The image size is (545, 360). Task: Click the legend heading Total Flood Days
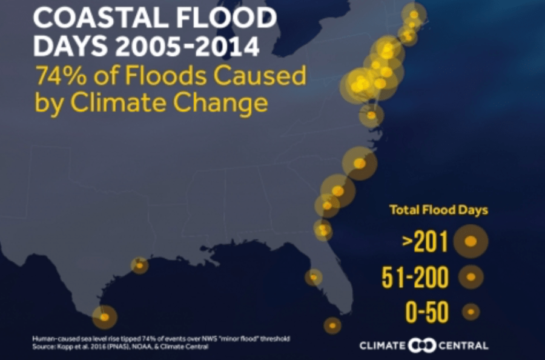tap(438, 211)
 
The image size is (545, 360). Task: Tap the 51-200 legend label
tap(415, 278)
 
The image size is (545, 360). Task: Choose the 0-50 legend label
tap(427, 313)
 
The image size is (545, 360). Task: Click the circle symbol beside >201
tap(471, 241)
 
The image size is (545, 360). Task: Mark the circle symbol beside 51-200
tap(471, 278)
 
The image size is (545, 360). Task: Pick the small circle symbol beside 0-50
tap(471, 312)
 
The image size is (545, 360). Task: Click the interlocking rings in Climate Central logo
tap(418, 345)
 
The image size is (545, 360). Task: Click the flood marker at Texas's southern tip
tap(104, 316)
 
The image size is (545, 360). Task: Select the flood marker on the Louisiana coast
tap(139, 265)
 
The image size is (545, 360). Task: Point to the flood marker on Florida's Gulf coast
tap(313, 277)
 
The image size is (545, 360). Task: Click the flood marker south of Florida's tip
tap(332, 325)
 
